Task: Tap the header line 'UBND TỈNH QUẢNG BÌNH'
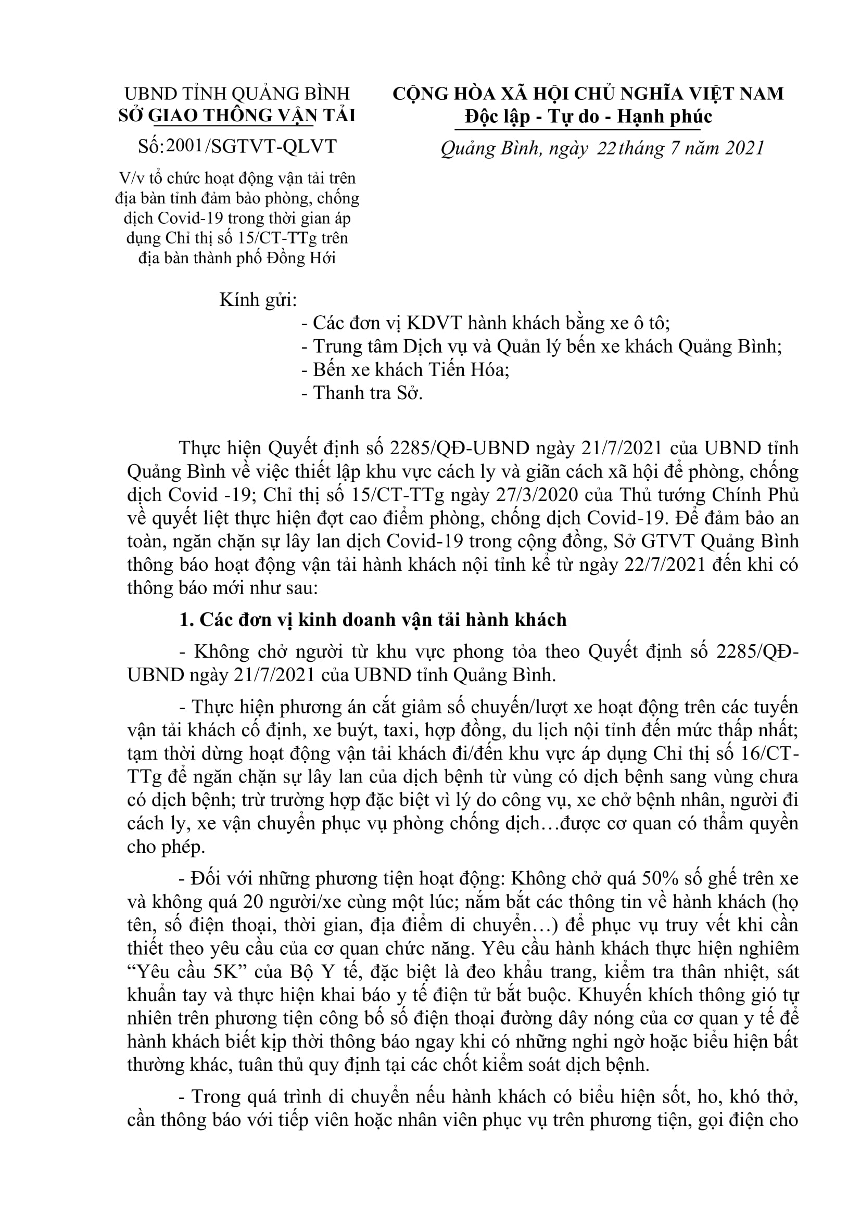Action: (237, 94)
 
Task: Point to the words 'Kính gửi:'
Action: (258, 300)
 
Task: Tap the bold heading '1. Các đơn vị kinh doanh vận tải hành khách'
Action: (373, 620)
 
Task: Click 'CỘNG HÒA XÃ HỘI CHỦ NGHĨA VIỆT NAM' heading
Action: (588, 94)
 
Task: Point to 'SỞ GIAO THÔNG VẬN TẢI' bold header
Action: (237, 116)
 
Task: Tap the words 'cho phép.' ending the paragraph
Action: (166, 847)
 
